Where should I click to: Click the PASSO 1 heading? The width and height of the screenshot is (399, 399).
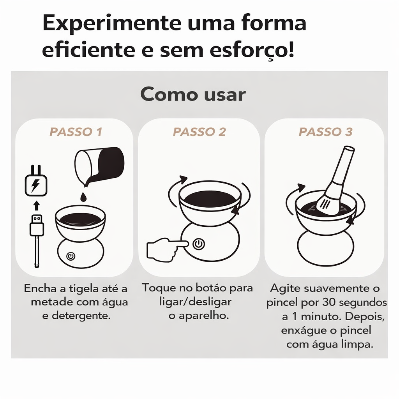[76, 132]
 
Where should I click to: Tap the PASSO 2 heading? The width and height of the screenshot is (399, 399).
[199, 132]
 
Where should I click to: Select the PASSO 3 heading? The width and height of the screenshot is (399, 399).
[325, 132]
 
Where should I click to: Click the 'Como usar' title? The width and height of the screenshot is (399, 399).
[193, 94]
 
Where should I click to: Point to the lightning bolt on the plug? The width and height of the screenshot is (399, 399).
[35, 185]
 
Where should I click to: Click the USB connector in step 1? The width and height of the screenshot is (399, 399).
[37, 225]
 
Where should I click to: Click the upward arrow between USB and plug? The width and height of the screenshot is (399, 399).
[37, 205]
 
